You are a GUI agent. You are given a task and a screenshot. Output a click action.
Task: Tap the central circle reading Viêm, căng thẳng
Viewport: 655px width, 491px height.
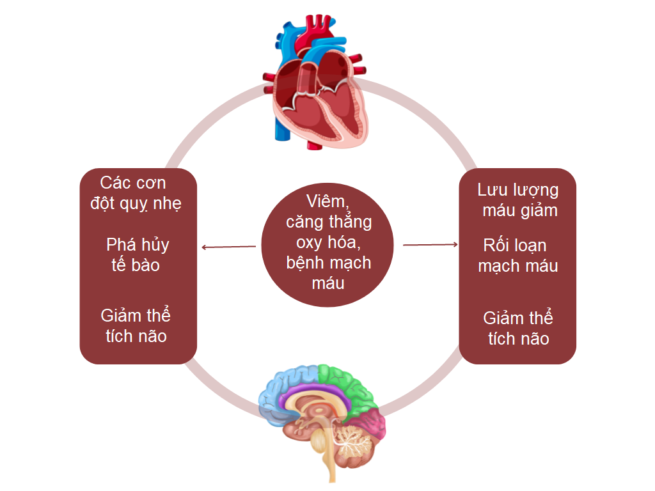327,245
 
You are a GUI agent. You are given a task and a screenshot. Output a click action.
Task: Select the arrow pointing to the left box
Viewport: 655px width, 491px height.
228,247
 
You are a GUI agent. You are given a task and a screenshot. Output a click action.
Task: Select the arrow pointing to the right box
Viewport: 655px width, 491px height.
430,244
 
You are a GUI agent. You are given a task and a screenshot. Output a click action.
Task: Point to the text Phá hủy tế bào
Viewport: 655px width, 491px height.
137,254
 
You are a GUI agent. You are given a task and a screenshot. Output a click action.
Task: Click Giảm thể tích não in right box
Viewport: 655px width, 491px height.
517,328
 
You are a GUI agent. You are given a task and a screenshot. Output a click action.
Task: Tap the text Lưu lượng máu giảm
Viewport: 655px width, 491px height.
518,199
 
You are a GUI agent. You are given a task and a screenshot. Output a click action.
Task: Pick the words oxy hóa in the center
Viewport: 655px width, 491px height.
327,242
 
